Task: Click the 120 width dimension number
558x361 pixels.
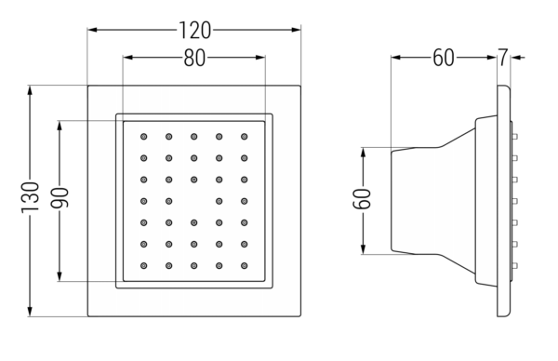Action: [x=194, y=31]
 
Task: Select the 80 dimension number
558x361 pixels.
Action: [x=194, y=58]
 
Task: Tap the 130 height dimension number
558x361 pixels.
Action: [x=30, y=198]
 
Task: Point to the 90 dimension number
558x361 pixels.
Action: [x=60, y=198]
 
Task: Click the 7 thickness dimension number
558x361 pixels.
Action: [x=502, y=58]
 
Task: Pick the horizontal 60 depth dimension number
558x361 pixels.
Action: [x=444, y=58]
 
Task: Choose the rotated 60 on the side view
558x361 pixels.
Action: [x=363, y=199]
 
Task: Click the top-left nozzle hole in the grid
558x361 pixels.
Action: [x=144, y=137]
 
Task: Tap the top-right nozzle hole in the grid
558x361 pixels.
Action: [x=244, y=137]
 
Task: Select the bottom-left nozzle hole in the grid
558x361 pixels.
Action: [x=144, y=265]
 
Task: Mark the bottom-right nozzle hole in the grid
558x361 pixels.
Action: [x=244, y=265]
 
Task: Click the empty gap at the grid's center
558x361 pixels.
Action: [x=194, y=201]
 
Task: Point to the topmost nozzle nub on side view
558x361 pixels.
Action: [x=514, y=137]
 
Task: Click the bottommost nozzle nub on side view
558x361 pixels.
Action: [x=514, y=265]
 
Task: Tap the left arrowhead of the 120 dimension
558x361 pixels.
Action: [x=92, y=30]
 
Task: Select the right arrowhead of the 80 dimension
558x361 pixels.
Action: [x=260, y=58]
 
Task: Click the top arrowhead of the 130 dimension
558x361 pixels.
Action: [x=30, y=90]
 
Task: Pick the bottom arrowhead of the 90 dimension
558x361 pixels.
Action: [x=60, y=276]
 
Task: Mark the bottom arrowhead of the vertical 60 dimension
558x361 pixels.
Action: [x=363, y=249]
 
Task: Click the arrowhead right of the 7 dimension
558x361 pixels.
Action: [x=515, y=58]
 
